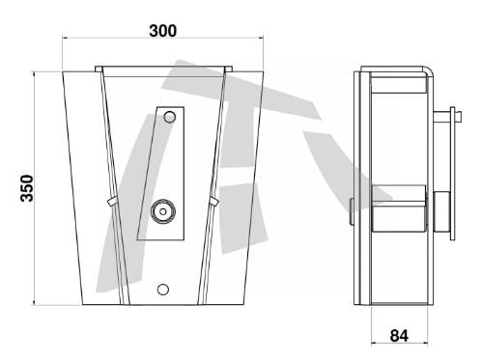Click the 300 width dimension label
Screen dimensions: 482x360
click(162, 31)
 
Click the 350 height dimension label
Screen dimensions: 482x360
click(27, 188)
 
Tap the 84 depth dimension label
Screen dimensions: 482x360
click(399, 336)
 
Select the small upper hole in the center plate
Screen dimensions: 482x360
click(170, 117)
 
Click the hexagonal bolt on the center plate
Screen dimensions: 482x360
click(163, 211)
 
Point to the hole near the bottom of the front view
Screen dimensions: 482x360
click(163, 290)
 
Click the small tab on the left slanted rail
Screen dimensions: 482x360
click(112, 202)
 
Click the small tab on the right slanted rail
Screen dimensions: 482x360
click(214, 202)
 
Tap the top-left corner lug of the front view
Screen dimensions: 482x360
click(99, 69)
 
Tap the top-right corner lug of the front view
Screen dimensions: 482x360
click(228, 69)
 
